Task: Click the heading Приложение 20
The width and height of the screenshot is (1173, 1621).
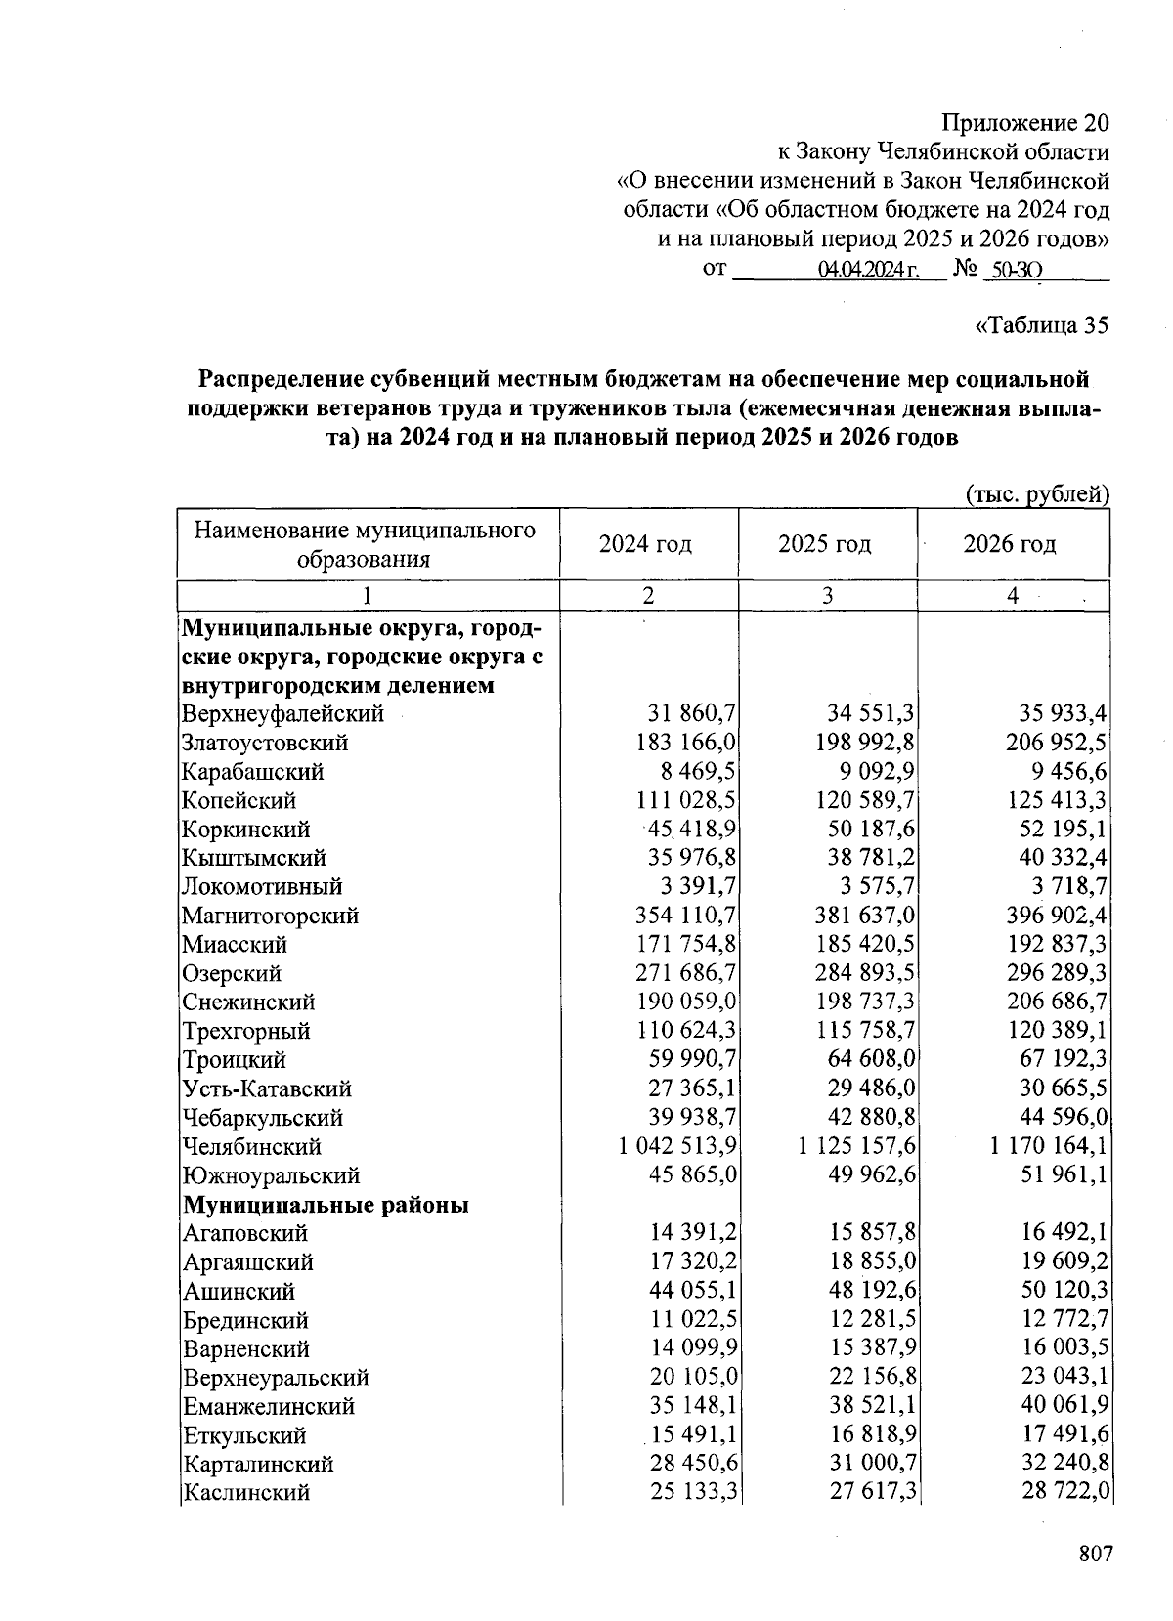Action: click(1025, 123)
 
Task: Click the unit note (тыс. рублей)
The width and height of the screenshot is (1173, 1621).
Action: click(1037, 494)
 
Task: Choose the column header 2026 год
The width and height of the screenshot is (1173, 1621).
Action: click(1010, 543)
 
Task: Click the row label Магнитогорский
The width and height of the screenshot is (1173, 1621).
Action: click(270, 916)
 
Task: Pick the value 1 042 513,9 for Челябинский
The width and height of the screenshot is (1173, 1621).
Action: click(677, 1146)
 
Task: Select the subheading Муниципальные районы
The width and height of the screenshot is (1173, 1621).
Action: click(326, 1204)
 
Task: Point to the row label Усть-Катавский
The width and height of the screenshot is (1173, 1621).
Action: click(267, 1088)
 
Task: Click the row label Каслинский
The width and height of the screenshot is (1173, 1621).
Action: click(246, 1492)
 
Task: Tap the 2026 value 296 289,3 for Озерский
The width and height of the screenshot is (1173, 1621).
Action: click(1057, 973)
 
